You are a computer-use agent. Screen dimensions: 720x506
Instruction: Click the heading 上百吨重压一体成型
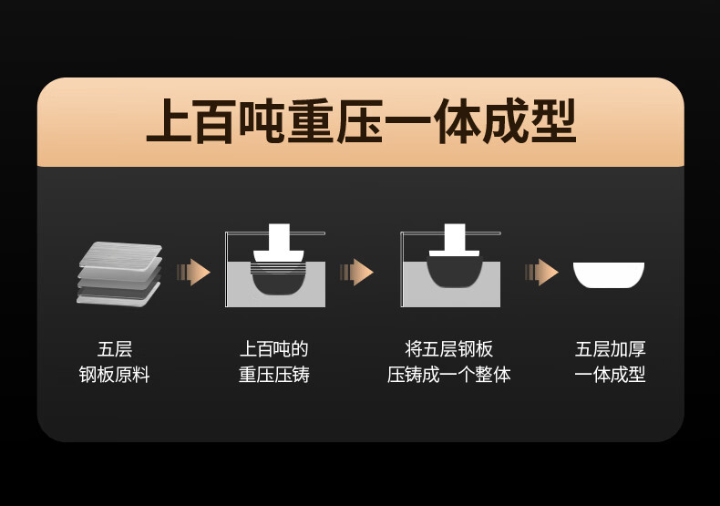point(361,121)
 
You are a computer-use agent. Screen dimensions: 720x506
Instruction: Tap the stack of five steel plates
point(119,274)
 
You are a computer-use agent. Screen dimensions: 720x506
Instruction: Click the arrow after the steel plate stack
point(193,273)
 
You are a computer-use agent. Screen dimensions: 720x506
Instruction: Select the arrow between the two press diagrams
point(356,273)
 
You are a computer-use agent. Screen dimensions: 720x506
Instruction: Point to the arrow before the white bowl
point(541,273)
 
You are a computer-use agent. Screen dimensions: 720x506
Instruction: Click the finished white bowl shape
point(609,274)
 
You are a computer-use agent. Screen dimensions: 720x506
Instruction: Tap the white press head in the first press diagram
point(279,243)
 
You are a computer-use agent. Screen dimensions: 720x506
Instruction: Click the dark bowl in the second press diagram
point(455,272)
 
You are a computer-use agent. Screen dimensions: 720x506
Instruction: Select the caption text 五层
point(115,349)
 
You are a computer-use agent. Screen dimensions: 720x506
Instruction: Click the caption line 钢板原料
point(114,375)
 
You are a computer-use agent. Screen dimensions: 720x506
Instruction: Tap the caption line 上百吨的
point(274,349)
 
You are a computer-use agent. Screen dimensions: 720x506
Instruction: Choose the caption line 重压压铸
point(274,375)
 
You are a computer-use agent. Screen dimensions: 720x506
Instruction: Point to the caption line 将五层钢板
point(449,349)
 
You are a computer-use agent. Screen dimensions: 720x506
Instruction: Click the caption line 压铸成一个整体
point(449,375)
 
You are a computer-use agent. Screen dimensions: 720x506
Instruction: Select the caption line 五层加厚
point(611,349)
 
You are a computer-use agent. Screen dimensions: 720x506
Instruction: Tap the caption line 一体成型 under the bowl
point(611,375)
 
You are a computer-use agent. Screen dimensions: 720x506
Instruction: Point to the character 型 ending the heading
point(554,121)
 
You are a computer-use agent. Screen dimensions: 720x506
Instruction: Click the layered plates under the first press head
point(278,268)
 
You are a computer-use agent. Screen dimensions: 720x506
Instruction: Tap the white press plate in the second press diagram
point(455,253)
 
